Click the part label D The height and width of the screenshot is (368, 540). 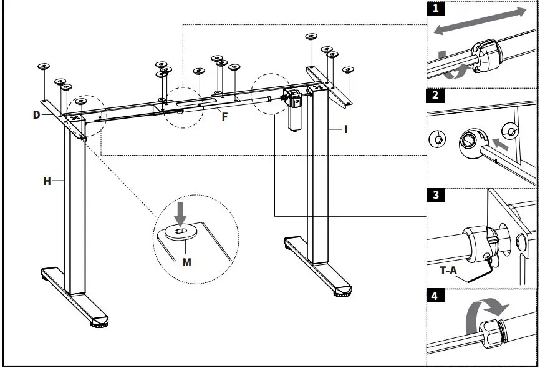point(37,115)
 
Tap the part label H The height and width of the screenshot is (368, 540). point(47,181)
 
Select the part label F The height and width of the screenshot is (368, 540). point(224,117)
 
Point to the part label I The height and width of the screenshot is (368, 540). point(346,129)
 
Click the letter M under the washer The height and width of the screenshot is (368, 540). point(186,262)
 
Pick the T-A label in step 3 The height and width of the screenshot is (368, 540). point(448,271)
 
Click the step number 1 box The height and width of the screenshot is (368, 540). point(436,9)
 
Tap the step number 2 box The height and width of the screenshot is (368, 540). point(436,96)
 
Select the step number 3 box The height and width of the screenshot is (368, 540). point(436,195)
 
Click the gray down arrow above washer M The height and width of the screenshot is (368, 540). point(180,214)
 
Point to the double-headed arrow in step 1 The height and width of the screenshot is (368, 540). point(480,21)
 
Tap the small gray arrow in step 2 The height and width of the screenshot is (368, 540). point(500,144)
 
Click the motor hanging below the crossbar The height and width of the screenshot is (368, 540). point(294,110)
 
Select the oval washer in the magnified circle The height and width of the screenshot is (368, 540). point(181,231)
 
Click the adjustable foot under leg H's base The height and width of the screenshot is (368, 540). point(100,324)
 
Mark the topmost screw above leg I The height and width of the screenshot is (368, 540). point(311,36)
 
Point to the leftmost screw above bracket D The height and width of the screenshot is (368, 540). point(44,66)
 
